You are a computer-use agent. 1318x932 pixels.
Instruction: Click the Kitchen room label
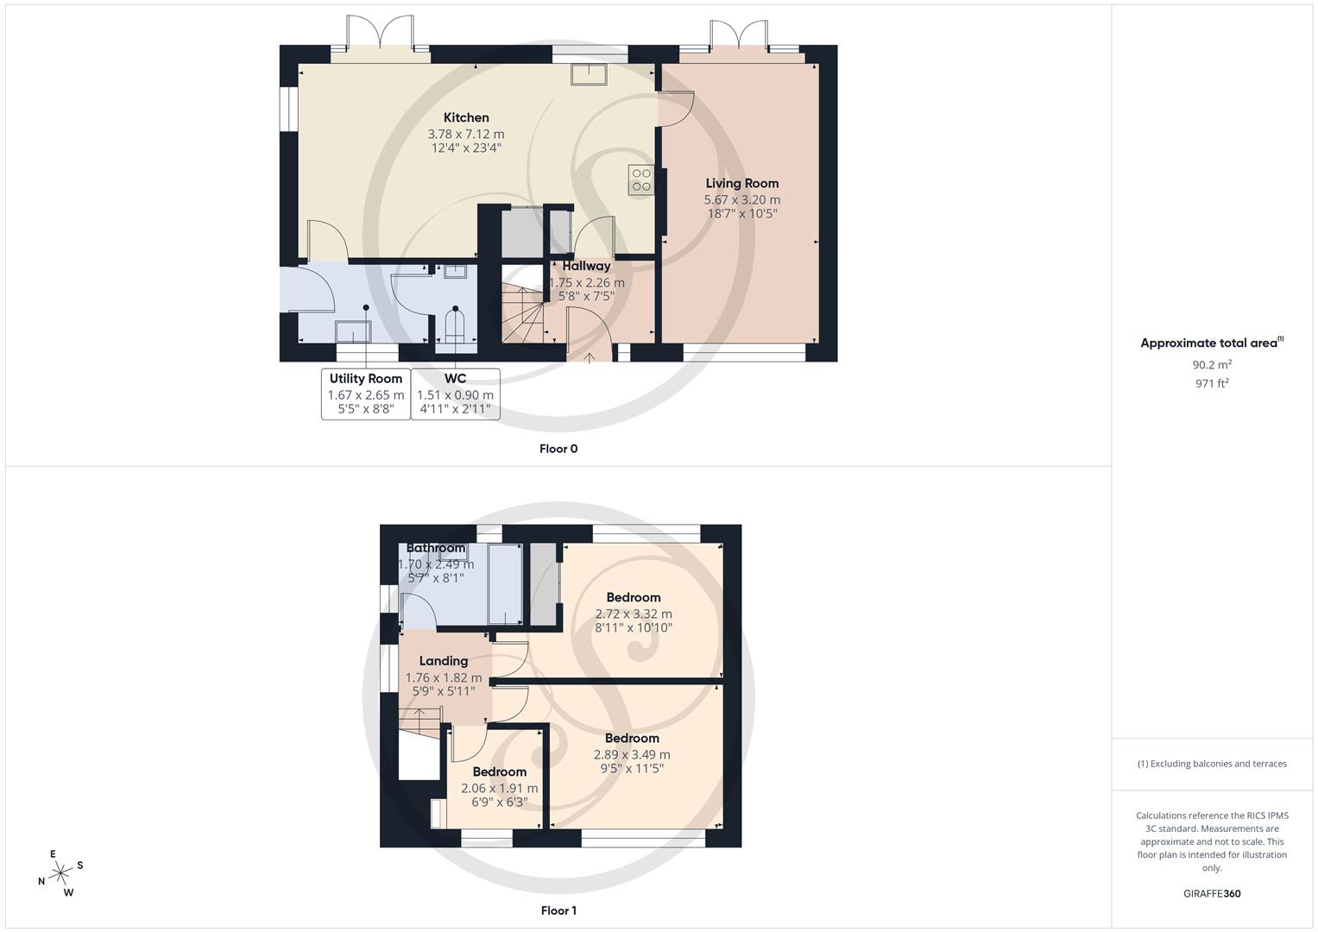click(466, 118)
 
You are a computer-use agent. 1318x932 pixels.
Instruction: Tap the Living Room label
click(741, 183)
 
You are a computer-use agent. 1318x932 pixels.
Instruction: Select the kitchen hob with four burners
click(640, 179)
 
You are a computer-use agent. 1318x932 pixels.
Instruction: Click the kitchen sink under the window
click(589, 74)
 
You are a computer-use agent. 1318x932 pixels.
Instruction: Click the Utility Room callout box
click(366, 394)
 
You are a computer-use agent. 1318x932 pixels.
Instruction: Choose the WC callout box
click(455, 394)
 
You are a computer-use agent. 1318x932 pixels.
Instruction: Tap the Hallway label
click(586, 266)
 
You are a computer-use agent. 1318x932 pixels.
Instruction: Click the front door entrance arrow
click(590, 356)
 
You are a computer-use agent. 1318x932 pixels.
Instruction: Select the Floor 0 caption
click(558, 449)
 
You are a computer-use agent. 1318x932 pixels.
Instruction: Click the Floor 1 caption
click(558, 910)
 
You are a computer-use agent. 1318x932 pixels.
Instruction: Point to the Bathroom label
click(436, 548)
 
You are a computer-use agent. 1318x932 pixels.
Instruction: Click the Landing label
click(443, 661)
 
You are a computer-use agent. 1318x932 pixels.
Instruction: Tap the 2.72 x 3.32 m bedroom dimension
click(633, 614)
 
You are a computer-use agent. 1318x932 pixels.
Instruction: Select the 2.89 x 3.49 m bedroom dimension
click(631, 754)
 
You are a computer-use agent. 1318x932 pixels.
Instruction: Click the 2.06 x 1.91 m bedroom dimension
click(499, 788)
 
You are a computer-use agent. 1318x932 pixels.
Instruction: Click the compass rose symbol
click(60, 873)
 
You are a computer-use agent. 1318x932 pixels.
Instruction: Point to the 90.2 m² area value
click(1212, 364)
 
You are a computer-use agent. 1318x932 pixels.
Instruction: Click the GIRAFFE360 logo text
click(1212, 893)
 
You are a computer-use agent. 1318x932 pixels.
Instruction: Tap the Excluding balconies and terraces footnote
click(1212, 764)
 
